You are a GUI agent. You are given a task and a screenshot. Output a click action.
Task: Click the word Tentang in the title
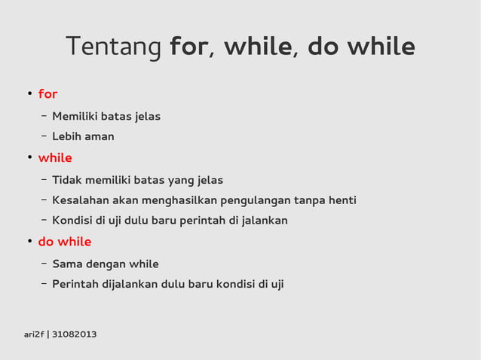click(x=114, y=47)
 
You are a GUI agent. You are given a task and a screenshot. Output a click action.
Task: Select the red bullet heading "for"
click(x=47, y=94)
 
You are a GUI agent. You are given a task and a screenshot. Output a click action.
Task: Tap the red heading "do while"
click(x=65, y=242)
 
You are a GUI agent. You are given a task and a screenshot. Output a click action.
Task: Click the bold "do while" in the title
click(x=361, y=47)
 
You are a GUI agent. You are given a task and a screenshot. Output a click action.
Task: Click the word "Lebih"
click(x=67, y=136)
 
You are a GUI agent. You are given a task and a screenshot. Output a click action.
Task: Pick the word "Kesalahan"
click(x=80, y=200)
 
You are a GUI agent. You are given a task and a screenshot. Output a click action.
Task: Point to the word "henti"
click(x=341, y=200)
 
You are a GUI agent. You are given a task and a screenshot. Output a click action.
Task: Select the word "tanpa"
click(x=308, y=200)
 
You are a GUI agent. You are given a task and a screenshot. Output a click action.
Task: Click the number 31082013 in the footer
click(x=74, y=334)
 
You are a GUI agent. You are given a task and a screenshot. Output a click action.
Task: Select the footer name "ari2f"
click(x=34, y=334)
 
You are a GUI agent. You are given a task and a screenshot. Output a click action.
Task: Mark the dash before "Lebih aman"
click(x=44, y=136)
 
